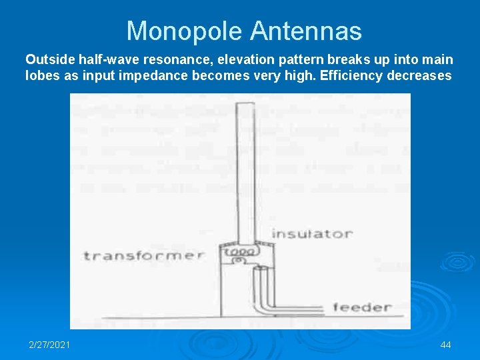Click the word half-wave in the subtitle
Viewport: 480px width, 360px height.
tap(105, 60)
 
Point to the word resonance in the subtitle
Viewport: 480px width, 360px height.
tap(165, 60)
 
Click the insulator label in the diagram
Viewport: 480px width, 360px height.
tap(311, 234)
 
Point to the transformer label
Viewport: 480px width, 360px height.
tap(143, 255)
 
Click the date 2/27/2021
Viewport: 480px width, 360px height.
tap(49, 345)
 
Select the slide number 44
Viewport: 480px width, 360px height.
tap(446, 345)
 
